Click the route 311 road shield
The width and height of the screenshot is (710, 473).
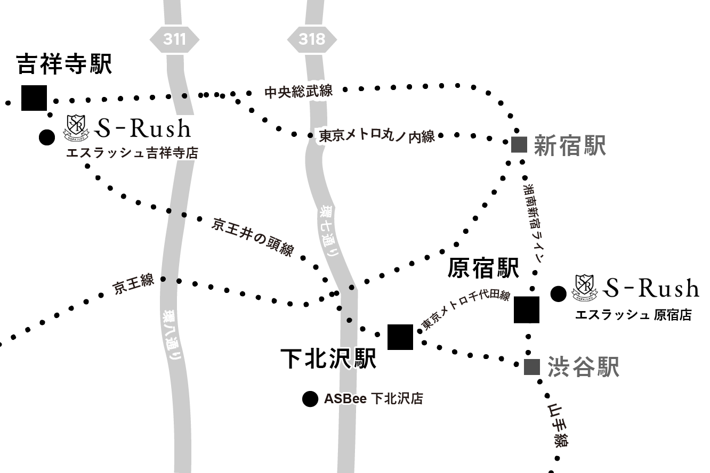pyautogui.click(x=174, y=39)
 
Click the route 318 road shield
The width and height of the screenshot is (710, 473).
pyautogui.click(x=312, y=39)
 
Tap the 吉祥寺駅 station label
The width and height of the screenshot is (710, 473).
pyautogui.click(x=64, y=64)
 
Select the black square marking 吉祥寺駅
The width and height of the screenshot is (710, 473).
pyautogui.click(x=34, y=98)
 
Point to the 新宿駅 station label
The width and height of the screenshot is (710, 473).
pyautogui.click(x=570, y=145)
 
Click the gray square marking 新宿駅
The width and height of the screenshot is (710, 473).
pyautogui.click(x=519, y=144)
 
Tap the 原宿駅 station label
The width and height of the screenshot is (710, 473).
pyautogui.click(x=483, y=267)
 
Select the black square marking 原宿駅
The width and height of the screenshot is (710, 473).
pyautogui.click(x=527, y=310)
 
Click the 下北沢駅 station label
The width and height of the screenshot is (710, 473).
pyautogui.click(x=329, y=358)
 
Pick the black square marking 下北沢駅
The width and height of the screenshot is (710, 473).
pyautogui.click(x=400, y=337)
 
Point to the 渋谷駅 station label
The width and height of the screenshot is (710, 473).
pyautogui.click(x=583, y=368)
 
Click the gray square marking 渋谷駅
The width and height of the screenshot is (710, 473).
pyautogui.click(x=532, y=367)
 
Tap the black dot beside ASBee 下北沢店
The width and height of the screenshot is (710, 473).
pyautogui.click(x=310, y=399)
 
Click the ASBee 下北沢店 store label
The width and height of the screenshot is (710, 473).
pyautogui.click(x=373, y=399)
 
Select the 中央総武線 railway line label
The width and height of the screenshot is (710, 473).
pyautogui.click(x=298, y=92)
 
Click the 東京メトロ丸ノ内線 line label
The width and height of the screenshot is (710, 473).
pyautogui.click(x=377, y=136)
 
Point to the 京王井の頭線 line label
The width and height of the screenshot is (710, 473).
pyautogui.click(x=253, y=237)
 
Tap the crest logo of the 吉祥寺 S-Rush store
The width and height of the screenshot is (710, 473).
pyautogui.click(x=75, y=128)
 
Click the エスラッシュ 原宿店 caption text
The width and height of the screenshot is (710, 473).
pyautogui.click(x=633, y=315)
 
